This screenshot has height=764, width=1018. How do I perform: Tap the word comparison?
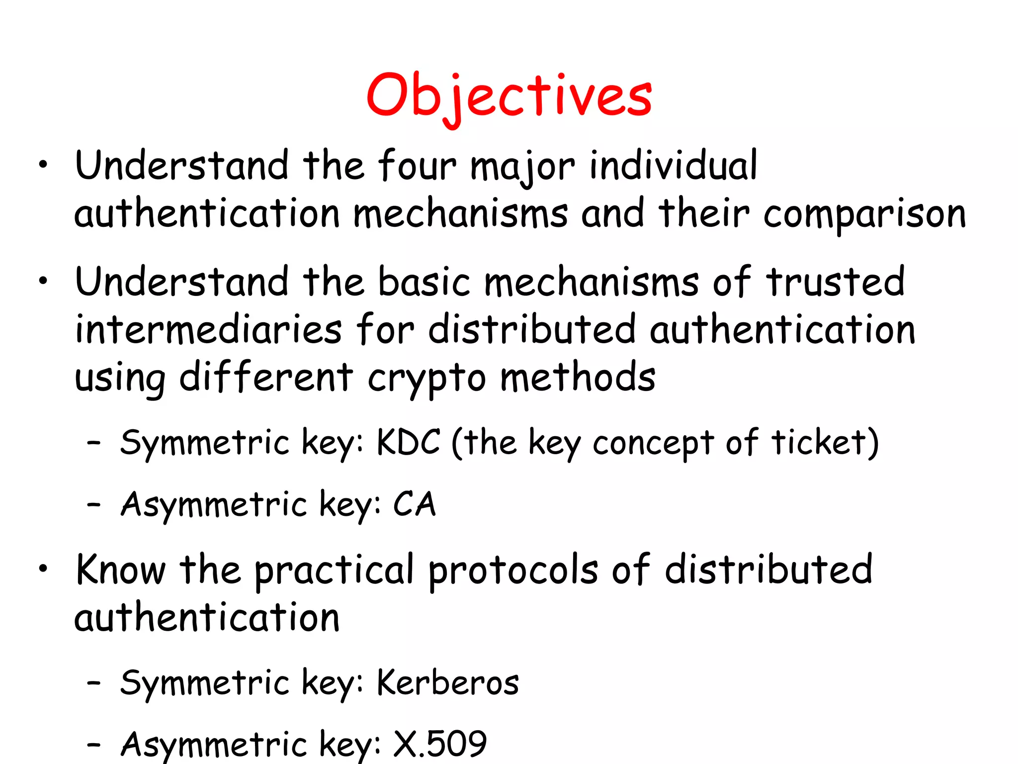click(x=864, y=214)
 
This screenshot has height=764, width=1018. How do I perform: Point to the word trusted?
click(x=835, y=282)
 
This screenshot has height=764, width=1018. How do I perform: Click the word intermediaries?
click(x=208, y=329)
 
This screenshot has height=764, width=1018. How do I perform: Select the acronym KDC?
click(x=409, y=442)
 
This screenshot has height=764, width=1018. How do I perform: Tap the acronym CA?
click(x=415, y=504)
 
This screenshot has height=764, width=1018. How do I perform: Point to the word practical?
click(x=334, y=571)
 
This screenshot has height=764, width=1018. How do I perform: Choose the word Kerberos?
click(x=448, y=682)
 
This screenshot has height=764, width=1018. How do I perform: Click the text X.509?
click(x=440, y=744)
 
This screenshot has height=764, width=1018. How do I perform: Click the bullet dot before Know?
click(x=44, y=568)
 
